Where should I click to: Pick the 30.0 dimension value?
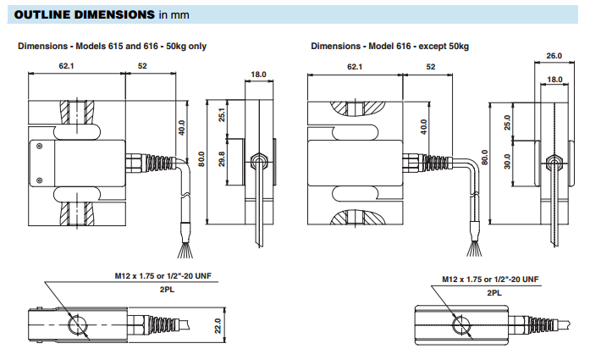tap(507, 161)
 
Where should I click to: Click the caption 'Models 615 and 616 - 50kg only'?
tap(112, 46)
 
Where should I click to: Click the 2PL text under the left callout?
tap(166, 289)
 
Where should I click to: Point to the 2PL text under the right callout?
tap(493, 291)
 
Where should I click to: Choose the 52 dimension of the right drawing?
tap(431, 66)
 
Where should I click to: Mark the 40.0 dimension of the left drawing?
tap(182, 127)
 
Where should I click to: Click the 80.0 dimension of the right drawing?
tap(485, 158)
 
